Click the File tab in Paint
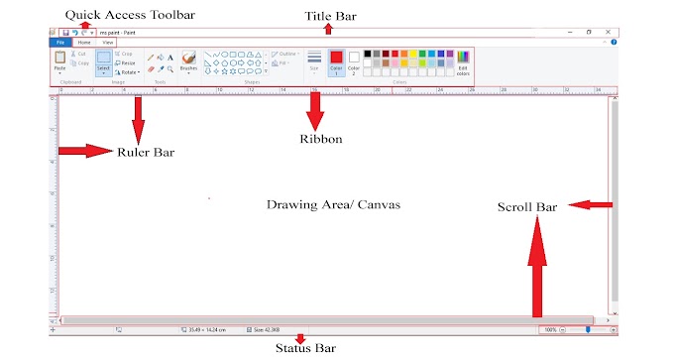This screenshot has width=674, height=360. [x=59, y=43]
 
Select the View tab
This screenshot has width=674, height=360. [x=106, y=43]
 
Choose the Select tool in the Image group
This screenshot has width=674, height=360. [x=103, y=61]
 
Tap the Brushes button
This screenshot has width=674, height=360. [x=188, y=61]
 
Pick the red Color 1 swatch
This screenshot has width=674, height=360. [x=336, y=61]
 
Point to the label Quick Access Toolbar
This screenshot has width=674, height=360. [x=116, y=14]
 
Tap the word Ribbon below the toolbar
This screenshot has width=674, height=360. [x=320, y=139]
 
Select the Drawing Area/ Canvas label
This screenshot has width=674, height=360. [x=333, y=204]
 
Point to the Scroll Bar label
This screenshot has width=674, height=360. [x=527, y=207]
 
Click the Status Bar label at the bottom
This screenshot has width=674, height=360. [x=304, y=347]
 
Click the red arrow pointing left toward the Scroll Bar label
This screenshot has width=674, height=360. [x=594, y=205]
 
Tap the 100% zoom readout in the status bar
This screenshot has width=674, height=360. [x=549, y=328]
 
